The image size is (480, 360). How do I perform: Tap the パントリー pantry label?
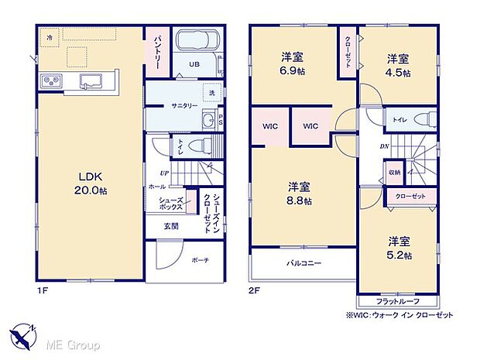[156, 52]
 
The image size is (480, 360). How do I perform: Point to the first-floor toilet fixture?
[198, 145]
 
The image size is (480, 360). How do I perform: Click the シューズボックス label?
[171, 204]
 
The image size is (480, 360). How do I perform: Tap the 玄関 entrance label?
[170, 226]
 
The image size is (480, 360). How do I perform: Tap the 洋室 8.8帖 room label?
[299, 194]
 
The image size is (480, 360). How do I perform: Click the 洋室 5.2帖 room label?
[399, 247]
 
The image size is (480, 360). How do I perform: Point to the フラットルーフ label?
[397, 301]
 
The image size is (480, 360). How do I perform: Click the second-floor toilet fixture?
[423, 119]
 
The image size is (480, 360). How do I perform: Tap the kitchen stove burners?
[52, 79]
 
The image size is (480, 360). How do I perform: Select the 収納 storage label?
[395, 173]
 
